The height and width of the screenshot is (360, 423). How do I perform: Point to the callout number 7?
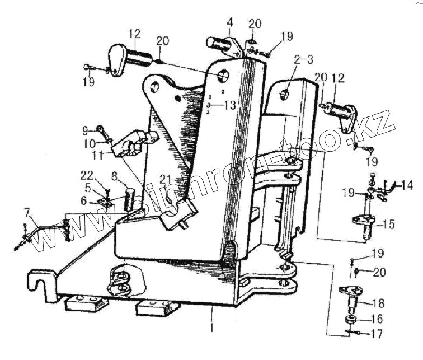click(x=26, y=212)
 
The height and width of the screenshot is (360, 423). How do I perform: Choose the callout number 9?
click(x=84, y=130)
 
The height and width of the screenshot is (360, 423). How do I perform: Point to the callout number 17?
click(x=378, y=335)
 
